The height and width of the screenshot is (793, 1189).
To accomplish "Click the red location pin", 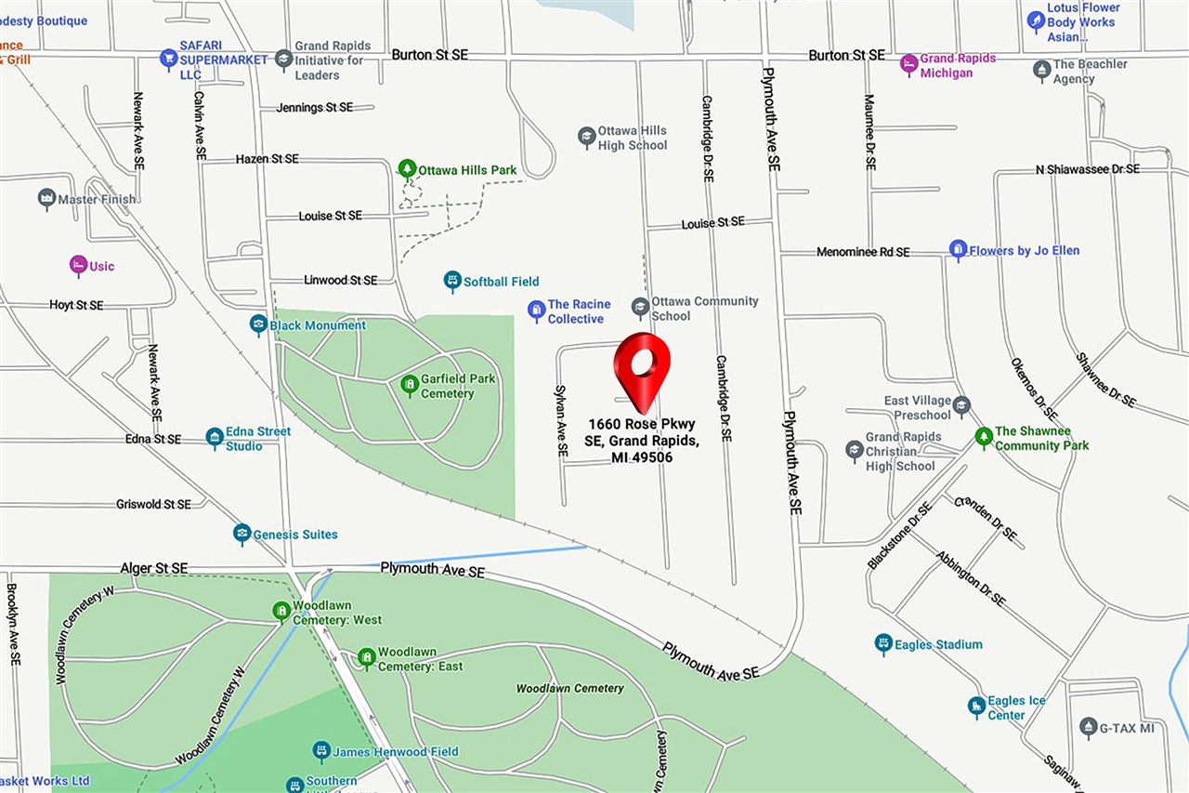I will click(642, 365).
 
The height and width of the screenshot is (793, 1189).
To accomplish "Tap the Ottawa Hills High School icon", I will click(586, 137).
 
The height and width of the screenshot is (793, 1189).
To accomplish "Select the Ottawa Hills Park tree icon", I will click(406, 169).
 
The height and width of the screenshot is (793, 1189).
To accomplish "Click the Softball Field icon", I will click(452, 281).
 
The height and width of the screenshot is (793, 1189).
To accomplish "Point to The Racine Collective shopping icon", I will click(536, 311).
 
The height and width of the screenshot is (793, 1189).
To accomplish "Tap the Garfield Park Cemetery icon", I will click(409, 384).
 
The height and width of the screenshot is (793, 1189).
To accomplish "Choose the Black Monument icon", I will click(259, 324).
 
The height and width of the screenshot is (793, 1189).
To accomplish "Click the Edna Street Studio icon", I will click(215, 438).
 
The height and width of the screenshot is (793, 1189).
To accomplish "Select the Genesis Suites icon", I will click(242, 534).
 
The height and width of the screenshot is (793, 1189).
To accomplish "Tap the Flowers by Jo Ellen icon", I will click(958, 250).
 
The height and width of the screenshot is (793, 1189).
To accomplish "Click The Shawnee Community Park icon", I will click(984, 437).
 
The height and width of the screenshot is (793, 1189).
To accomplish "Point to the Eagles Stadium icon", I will click(883, 643).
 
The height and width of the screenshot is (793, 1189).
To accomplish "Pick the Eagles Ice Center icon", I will click(976, 707).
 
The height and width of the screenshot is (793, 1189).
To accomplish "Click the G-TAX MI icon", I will click(1089, 727).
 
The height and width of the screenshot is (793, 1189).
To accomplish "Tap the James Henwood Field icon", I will click(321, 750).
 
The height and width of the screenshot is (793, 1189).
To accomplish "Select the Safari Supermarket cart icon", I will click(168, 59).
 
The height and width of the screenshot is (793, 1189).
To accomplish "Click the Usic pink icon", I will click(78, 266).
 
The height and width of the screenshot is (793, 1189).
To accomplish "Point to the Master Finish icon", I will click(46, 198).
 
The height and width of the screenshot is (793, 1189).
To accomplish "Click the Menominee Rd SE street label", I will click(863, 252).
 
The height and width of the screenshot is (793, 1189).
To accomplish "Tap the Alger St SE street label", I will click(153, 568).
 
